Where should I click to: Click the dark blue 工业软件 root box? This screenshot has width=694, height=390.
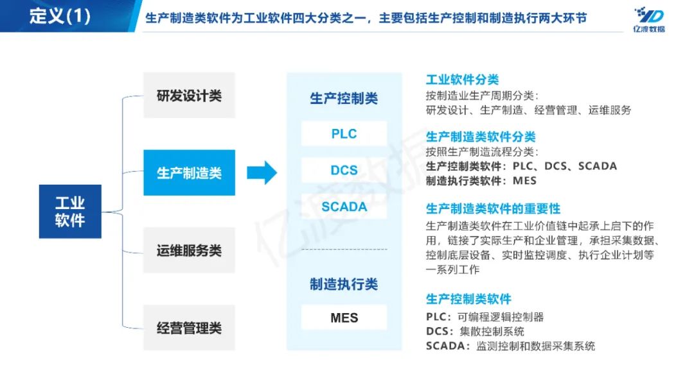[70, 212]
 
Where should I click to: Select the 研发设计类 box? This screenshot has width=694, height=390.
[189, 96]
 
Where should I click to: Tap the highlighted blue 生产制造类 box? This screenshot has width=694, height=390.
[189, 173]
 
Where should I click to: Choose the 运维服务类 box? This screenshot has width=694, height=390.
[189, 250]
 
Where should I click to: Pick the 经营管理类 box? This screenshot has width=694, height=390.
[189, 328]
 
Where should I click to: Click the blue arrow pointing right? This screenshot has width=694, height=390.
[262, 172]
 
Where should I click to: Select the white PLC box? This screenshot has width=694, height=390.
[344, 134]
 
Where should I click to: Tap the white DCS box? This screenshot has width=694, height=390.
[344, 171]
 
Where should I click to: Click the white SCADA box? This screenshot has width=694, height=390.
[344, 207]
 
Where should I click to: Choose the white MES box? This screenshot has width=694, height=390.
[344, 318]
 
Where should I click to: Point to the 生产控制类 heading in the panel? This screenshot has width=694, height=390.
[344, 99]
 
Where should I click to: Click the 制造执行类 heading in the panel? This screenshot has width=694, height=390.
[344, 284]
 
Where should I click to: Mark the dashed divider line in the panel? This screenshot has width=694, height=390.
[344, 249]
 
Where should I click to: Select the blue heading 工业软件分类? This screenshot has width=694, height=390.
[462, 80]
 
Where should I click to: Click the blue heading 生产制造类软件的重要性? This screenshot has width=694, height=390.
[493, 209]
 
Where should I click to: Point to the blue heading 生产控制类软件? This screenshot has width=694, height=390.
[468, 299]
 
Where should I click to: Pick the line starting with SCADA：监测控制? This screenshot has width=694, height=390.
[510, 346]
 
